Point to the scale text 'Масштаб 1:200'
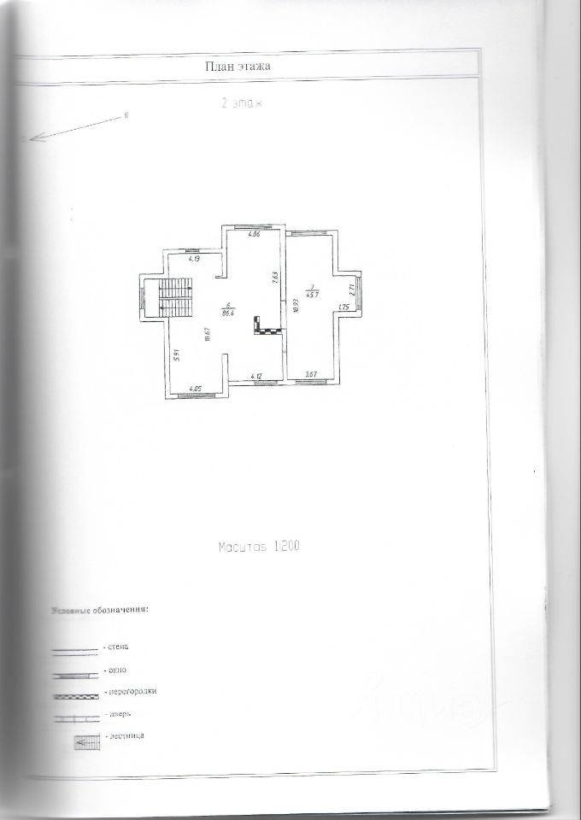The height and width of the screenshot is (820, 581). pyautogui.click(x=258, y=544)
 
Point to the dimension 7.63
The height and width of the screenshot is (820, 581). pyautogui.click(x=274, y=278)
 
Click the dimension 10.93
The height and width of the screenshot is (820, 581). pyautogui.click(x=295, y=305)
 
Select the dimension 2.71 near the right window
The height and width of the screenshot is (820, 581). pyautogui.click(x=353, y=290)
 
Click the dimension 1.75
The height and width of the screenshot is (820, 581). pyautogui.click(x=344, y=307)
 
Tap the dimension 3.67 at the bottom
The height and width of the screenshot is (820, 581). pyautogui.click(x=311, y=375)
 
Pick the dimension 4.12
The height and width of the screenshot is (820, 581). pyautogui.click(x=255, y=377)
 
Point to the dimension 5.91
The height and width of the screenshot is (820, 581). pyautogui.click(x=174, y=356)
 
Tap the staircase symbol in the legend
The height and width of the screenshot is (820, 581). pyautogui.click(x=87, y=742)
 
